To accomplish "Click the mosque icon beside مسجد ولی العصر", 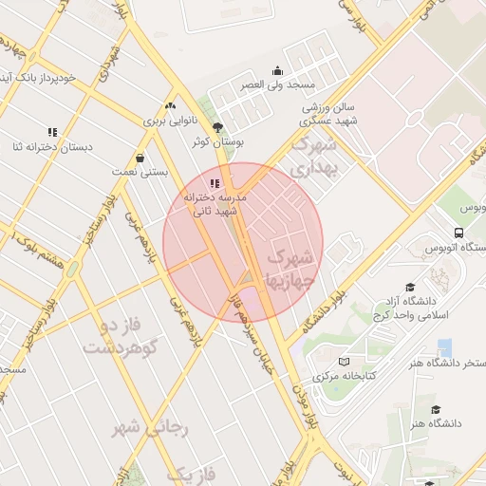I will [x=277, y=70].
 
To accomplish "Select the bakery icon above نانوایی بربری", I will [x=170, y=106].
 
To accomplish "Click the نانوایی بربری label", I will [x=170, y=121].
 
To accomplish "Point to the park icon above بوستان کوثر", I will [x=218, y=126].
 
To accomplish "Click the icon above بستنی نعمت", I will [x=140, y=159].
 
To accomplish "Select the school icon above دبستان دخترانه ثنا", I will [x=52, y=131].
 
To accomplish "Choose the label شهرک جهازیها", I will [x=292, y=271].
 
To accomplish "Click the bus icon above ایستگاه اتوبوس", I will [x=459, y=232].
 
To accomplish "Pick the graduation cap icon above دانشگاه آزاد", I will [x=410, y=287].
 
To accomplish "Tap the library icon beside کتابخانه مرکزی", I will [x=344, y=362].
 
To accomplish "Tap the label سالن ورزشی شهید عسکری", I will [x=327, y=115].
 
